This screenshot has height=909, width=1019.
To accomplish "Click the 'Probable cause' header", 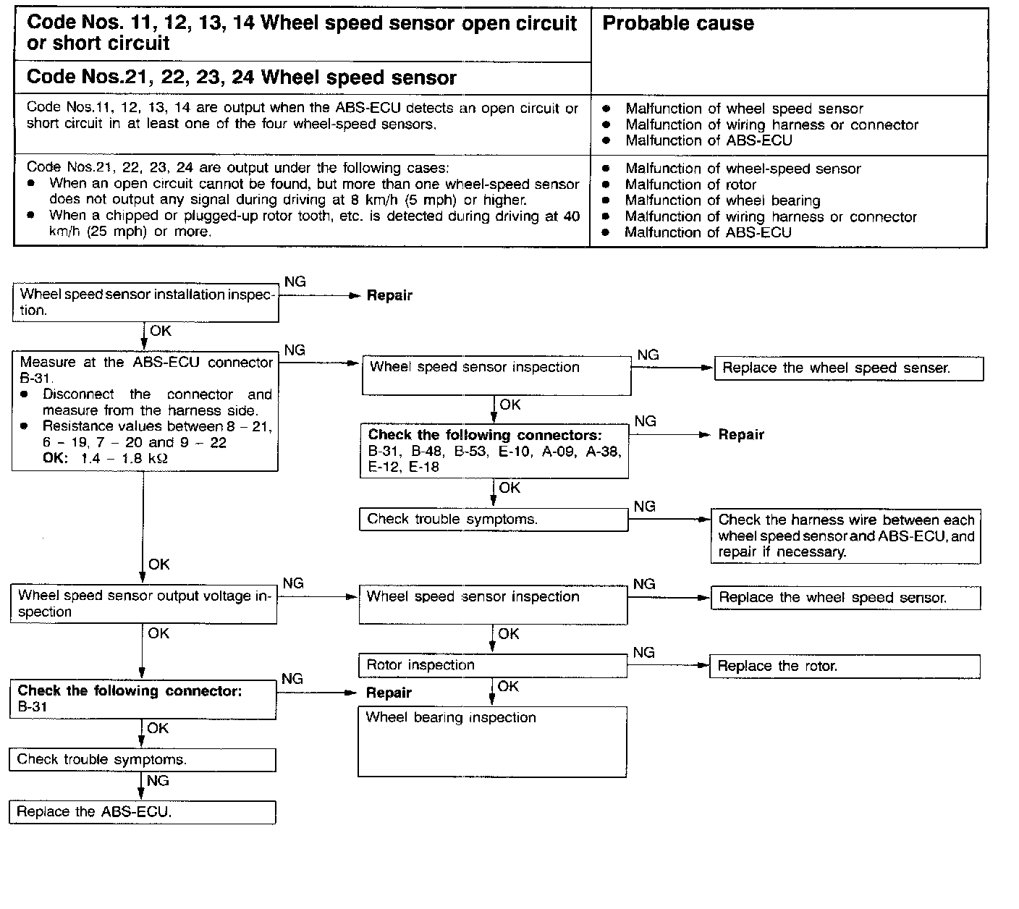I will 678,24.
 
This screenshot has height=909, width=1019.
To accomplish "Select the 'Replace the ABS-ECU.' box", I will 143,812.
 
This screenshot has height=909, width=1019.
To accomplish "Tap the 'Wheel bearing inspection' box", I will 491,741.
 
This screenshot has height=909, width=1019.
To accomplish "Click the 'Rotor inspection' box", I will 492,665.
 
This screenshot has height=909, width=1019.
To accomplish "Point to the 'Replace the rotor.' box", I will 845,667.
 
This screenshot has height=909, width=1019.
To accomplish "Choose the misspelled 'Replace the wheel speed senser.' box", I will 848,368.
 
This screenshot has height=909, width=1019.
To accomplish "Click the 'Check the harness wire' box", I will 846,536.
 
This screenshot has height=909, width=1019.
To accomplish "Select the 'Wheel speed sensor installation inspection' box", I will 145,303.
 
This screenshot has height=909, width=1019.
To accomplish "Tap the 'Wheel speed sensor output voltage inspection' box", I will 144,604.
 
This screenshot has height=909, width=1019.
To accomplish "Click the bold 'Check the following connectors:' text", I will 485,435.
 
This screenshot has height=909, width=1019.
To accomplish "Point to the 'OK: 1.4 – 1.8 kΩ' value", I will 106,458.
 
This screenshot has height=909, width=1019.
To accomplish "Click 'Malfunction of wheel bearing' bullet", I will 722,200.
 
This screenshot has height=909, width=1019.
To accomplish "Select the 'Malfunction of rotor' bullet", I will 690,185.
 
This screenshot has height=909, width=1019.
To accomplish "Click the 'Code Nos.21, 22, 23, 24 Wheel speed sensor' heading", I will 242,77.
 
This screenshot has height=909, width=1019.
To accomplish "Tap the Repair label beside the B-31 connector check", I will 389,693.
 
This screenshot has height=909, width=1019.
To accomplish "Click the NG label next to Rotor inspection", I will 643,653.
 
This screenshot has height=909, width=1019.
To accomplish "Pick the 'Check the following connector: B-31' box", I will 143,699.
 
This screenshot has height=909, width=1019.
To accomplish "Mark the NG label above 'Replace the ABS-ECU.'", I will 158,781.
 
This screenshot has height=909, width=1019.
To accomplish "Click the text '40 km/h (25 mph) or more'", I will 119,232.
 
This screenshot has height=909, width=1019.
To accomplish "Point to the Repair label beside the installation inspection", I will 389,295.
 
